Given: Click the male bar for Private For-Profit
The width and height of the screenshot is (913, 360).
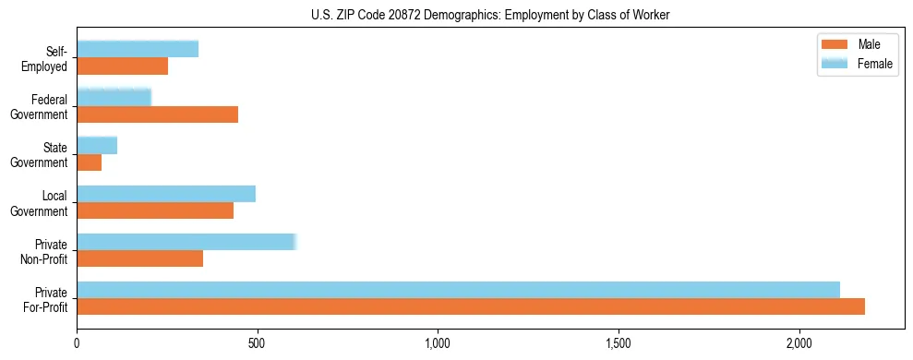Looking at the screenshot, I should tap(471, 306).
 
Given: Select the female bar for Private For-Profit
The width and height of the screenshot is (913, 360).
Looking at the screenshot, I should tap(458, 290).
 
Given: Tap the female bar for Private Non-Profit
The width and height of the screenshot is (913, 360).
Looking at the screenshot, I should tap(186, 242).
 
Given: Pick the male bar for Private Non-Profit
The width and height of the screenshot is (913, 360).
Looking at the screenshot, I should tap(139, 258).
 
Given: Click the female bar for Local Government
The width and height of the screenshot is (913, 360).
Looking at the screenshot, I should tap(166, 194).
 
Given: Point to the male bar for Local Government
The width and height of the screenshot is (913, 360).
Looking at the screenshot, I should tap(155, 210).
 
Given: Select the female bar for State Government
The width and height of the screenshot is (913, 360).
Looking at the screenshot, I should tap(97, 146).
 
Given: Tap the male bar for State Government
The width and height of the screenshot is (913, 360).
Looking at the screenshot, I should tap(89, 162).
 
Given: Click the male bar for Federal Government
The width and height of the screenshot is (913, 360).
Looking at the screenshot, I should tap(157, 114).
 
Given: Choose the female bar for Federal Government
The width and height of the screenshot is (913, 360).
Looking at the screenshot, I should tap(114, 98).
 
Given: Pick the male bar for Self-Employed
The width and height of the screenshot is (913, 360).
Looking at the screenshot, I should tap(122, 66).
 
